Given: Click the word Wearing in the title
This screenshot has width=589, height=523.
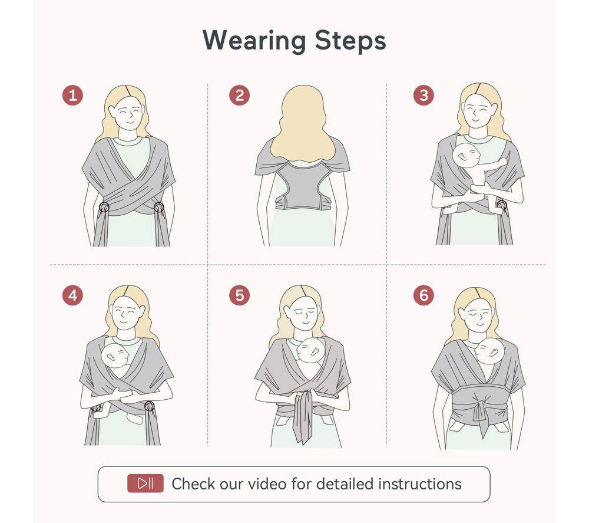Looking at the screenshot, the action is point(254,40).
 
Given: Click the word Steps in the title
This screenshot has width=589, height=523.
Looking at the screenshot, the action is point(350,40).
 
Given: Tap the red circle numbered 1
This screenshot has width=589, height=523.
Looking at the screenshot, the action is point(72,95).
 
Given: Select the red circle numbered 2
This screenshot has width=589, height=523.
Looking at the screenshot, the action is point(239,95).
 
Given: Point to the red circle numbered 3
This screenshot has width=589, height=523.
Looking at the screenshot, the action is point(423,95).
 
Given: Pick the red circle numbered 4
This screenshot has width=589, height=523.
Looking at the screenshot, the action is point(72,295).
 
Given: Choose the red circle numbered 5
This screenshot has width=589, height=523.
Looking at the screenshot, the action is point(239,295).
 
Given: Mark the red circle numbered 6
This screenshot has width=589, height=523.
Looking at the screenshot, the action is point(423,295).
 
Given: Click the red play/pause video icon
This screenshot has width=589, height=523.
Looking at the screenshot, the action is point(145,483).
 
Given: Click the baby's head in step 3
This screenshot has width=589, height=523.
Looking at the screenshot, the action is point(466,155).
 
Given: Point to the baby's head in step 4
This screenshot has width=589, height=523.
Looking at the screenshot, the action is point(115,356).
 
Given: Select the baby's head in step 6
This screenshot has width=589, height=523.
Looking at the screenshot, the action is point(488,351).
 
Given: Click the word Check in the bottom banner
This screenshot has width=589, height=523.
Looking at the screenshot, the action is point(193,484).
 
